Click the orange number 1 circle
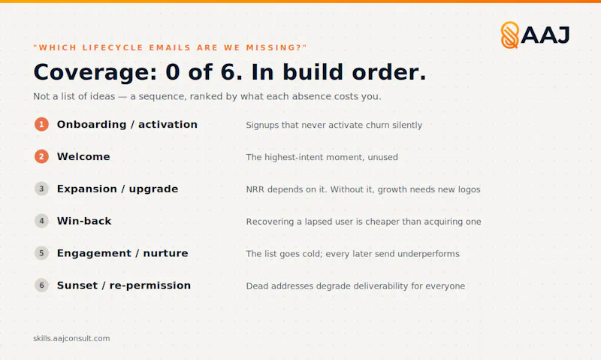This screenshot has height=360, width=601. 41,124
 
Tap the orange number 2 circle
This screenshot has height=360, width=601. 41,156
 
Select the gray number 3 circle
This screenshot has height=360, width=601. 41,189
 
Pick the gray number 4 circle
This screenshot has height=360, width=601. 41,221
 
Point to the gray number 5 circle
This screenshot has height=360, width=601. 41,253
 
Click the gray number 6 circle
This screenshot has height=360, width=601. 41,286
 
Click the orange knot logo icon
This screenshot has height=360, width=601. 510,35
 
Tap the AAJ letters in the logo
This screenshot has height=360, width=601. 545,35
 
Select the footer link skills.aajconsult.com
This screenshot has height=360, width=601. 71,338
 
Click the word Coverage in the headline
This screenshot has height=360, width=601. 95,72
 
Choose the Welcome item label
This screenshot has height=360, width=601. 83,156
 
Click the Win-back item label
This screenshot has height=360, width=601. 84,221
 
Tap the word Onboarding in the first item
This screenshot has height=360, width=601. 92,125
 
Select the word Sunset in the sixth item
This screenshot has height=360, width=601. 77,286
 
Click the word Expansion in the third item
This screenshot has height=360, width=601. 87,189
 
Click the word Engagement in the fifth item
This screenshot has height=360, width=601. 95,253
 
